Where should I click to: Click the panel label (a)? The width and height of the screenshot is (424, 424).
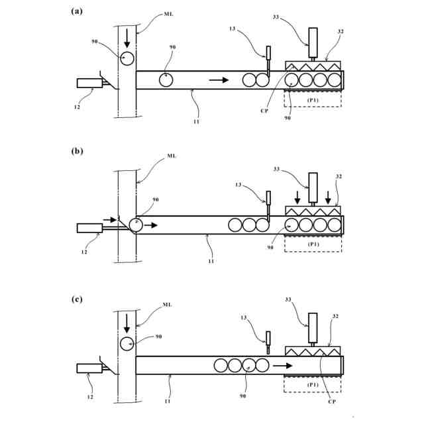pyautogui.click(x=78, y=11)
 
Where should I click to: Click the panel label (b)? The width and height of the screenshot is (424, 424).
pyautogui.click(x=78, y=151)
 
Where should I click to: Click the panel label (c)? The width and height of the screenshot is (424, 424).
pyautogui.click(x=78, y=299)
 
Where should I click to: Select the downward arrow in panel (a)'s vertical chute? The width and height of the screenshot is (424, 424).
pyautogui.click(x=127, y=36)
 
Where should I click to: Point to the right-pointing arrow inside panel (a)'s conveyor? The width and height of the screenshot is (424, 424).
pyautogui.click(x=219, y=80)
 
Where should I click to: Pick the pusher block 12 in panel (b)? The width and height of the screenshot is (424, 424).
pyautogui.click(x=89, y=229)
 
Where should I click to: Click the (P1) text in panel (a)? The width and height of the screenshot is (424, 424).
pyautogui.click(x=312, y=99)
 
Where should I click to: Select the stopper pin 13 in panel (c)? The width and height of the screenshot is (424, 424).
pyautogui.click(x=268, y=339)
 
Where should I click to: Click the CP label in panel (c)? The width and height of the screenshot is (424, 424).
pyautogui.click(x=329, y=399)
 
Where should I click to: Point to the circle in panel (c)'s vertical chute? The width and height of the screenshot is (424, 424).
pyautogui.click(x=127, y=343)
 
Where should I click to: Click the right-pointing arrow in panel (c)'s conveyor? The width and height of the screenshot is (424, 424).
pyautogui.click(x=283, y=365)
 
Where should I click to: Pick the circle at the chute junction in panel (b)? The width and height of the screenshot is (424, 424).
pyautogui.click(x=136, y=225)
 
